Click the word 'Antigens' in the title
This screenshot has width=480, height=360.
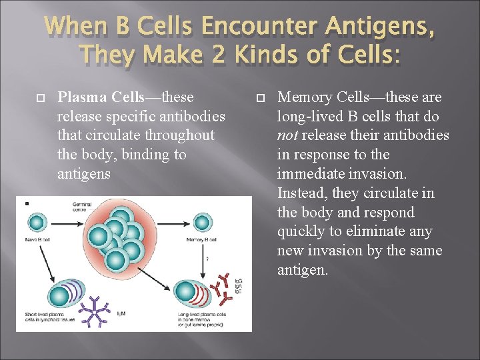tap(376, 26)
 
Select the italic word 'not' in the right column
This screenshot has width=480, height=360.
tap(289, 136)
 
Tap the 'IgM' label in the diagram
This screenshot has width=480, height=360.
tap(122, 312)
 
